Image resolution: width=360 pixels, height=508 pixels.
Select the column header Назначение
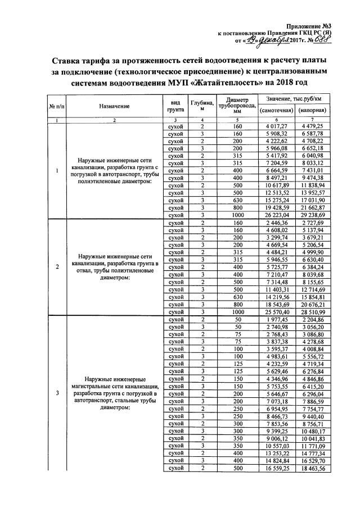pyautogui.click(x=114, y=106)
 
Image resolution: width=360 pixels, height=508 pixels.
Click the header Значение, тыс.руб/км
pyautogui.click(x=294, y=99)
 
